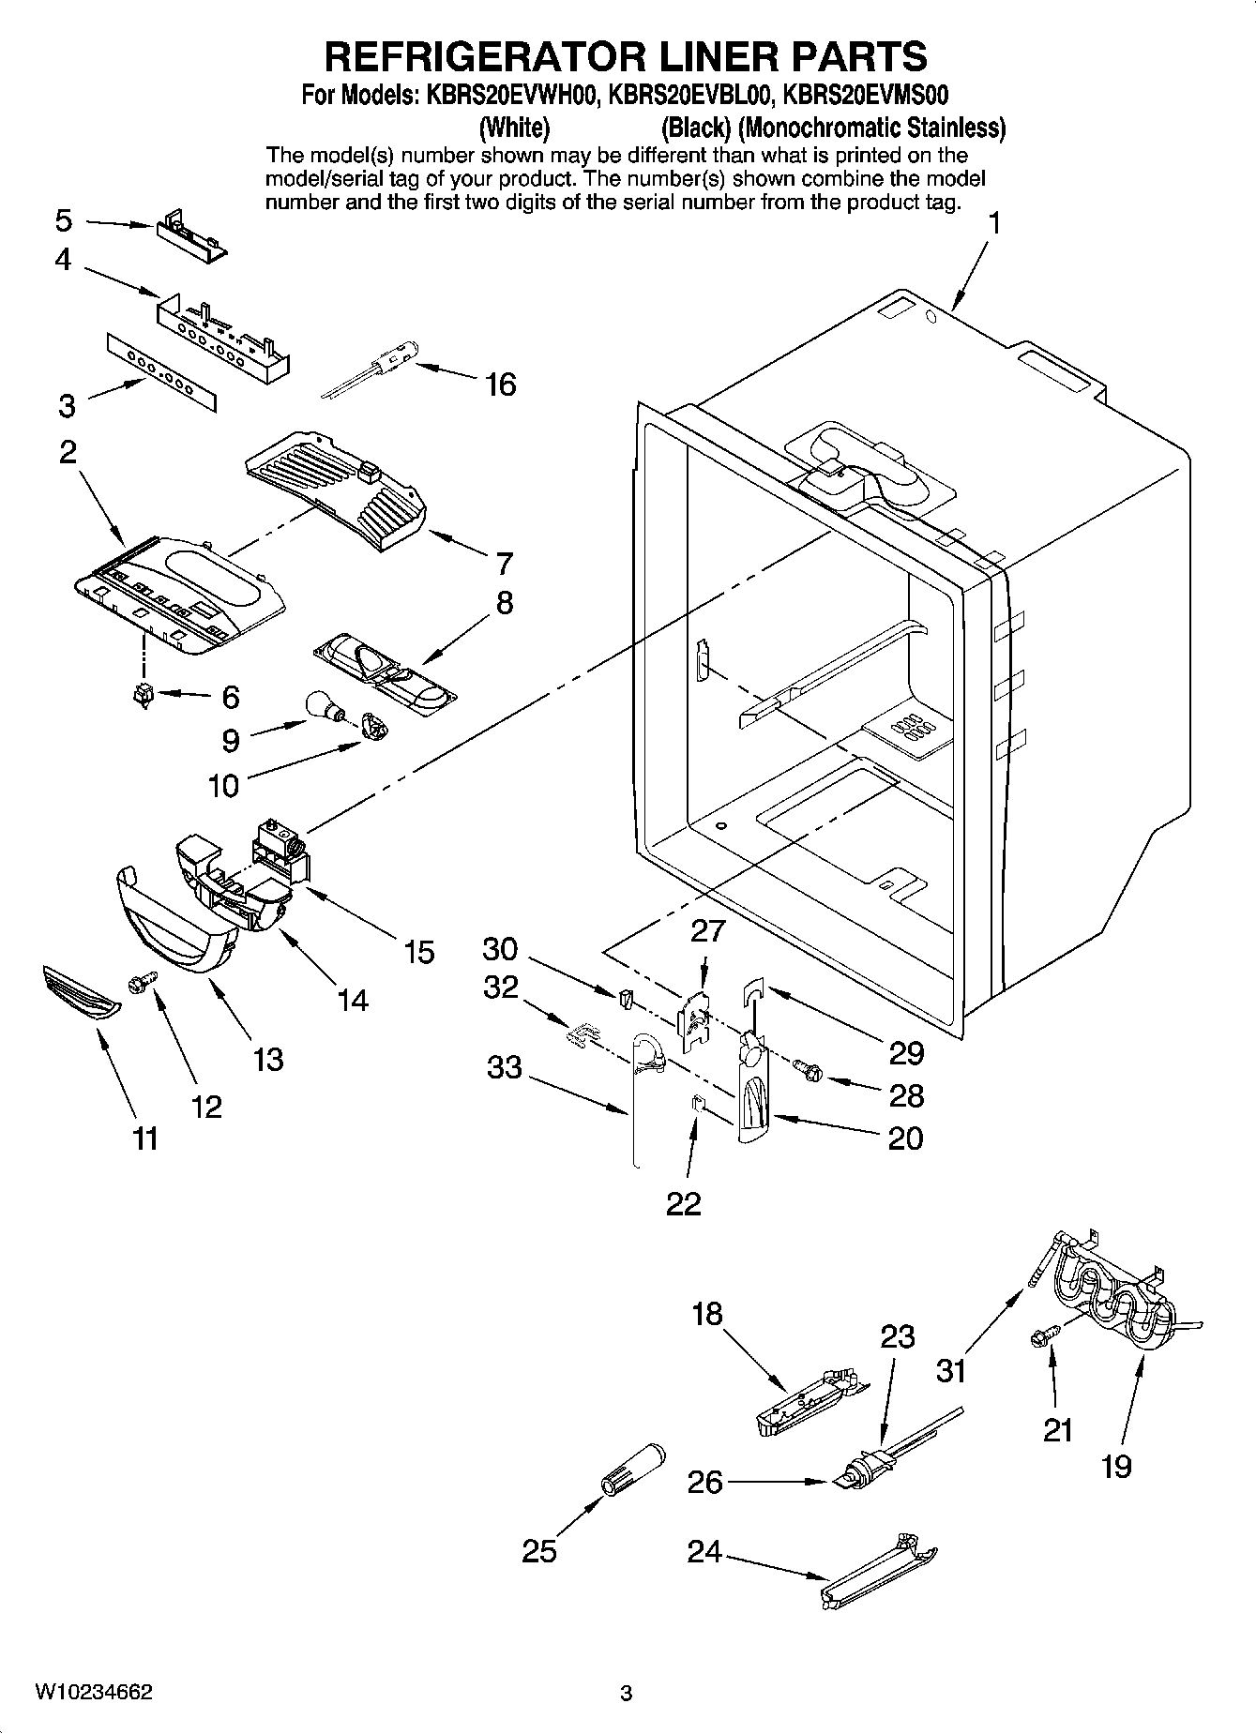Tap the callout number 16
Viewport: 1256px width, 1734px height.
501,384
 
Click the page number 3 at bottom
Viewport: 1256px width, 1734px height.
627,1694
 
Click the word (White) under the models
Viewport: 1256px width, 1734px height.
513,127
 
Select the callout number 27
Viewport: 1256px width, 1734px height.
708,930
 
